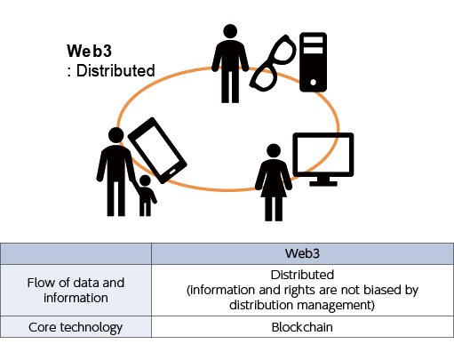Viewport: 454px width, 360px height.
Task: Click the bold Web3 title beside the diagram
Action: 89,51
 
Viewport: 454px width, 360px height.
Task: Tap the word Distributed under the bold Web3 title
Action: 115,71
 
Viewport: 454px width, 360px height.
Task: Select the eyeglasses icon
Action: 273,63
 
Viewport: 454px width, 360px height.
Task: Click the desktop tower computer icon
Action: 313,62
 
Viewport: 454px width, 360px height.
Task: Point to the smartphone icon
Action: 157,150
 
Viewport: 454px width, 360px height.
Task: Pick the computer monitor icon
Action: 323,159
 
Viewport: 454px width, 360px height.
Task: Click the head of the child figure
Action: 145,180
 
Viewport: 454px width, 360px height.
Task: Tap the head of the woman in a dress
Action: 274,150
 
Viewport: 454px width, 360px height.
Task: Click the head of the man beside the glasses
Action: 230,31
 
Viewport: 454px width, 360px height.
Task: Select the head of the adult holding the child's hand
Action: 116,135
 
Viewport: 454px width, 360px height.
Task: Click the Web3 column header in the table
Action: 302,253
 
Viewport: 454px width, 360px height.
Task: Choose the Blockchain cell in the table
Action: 302,327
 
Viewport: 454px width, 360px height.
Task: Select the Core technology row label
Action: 76,327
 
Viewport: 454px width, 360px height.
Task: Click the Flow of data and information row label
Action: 76,290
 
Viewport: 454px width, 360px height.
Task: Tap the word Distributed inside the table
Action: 302,275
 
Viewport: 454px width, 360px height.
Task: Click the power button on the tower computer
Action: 313,83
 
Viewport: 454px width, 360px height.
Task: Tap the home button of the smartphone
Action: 172,172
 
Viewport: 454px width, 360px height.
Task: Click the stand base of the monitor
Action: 323,184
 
